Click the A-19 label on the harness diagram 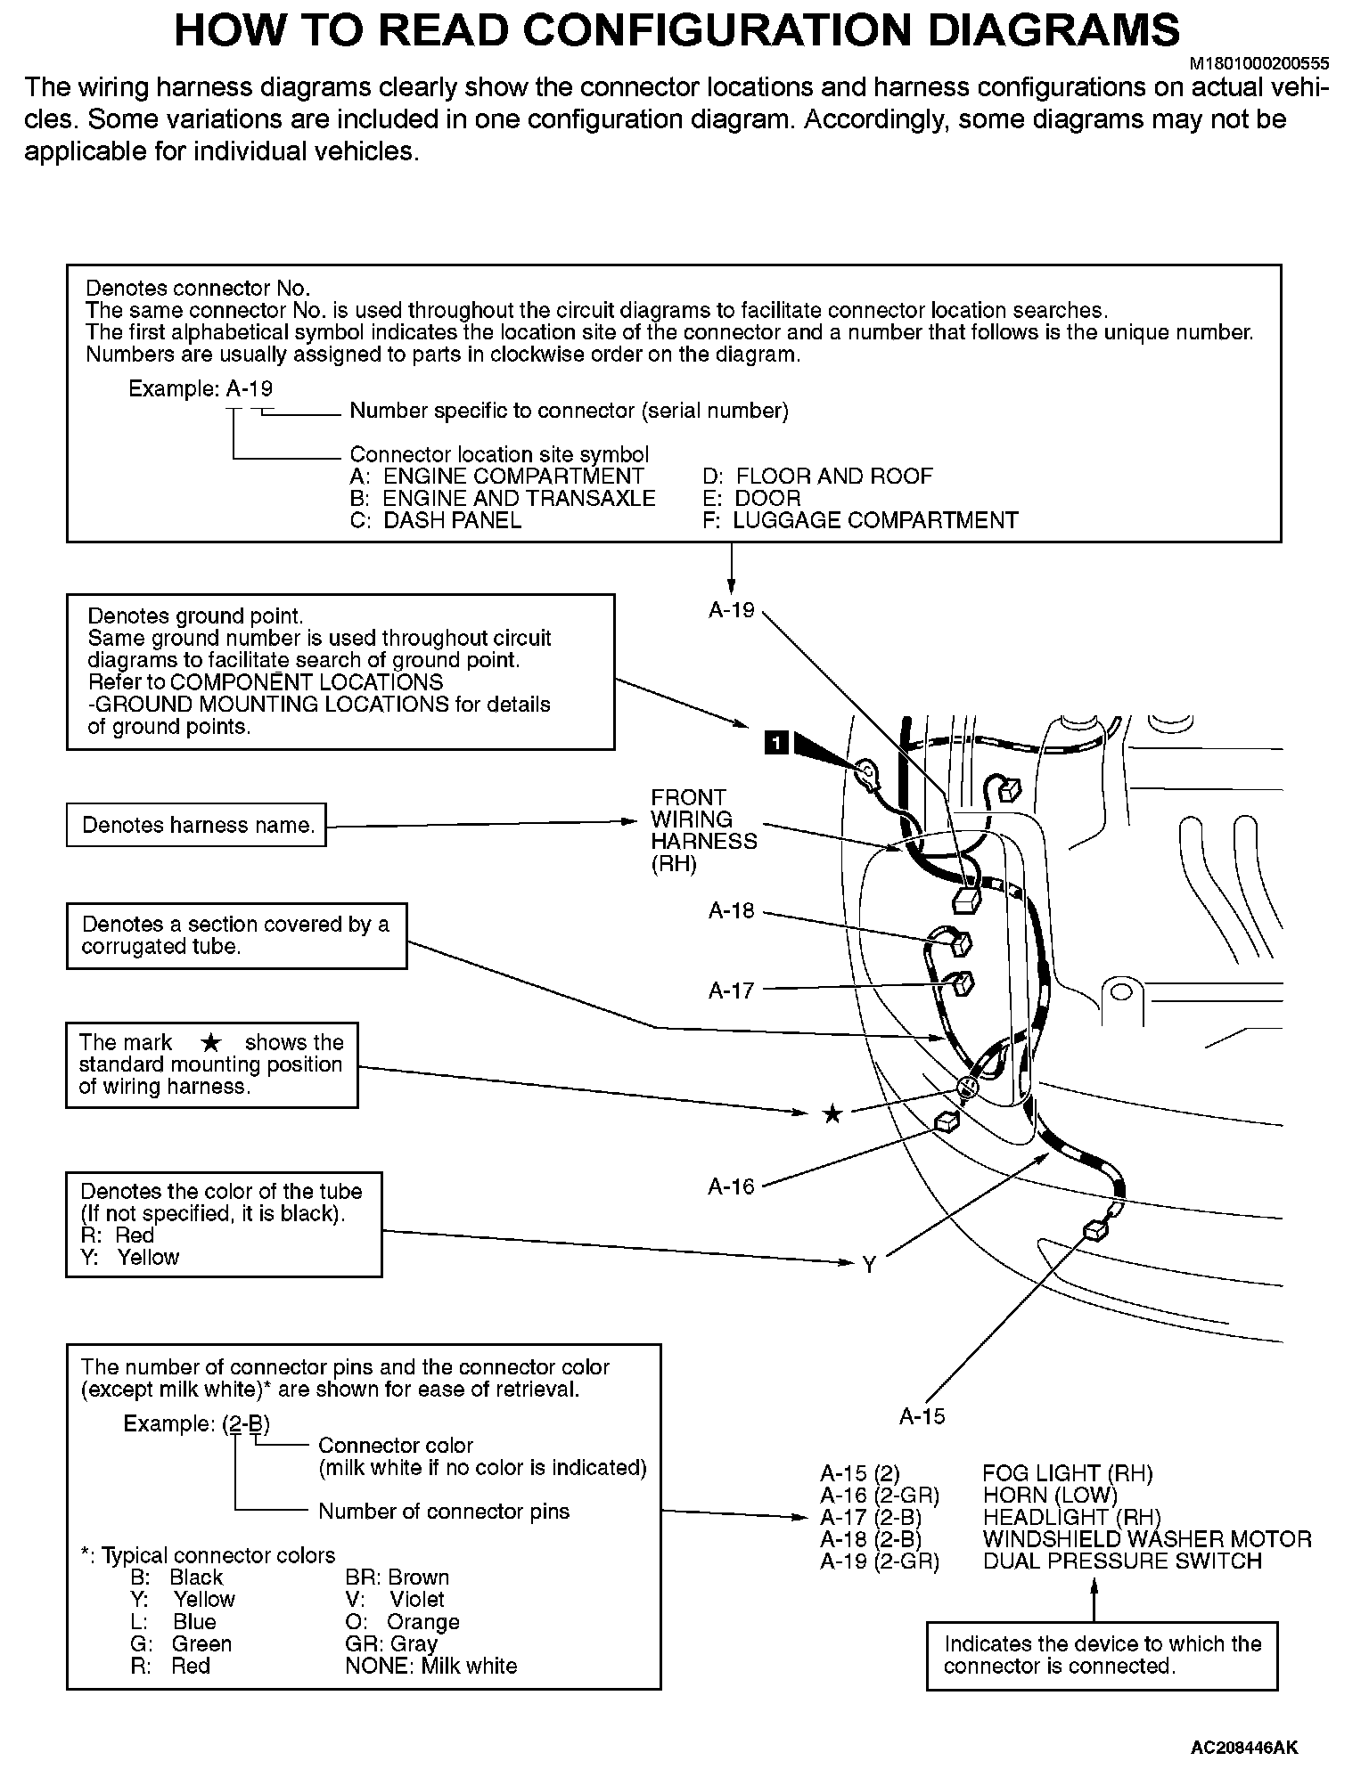(731, 610)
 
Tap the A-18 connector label (731, 910)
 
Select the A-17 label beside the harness (731, 990)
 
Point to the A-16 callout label (731, 1186)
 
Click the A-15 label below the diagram (922, 1416)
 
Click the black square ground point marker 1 (776, 741)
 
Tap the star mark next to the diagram (832, 1114)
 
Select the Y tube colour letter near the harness (869, 1264)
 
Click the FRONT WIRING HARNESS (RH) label (703, 830)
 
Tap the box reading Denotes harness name (197, 826)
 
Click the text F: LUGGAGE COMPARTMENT (859, 520)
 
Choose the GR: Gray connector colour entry (390, 1643)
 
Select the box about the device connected (1102, 1655)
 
